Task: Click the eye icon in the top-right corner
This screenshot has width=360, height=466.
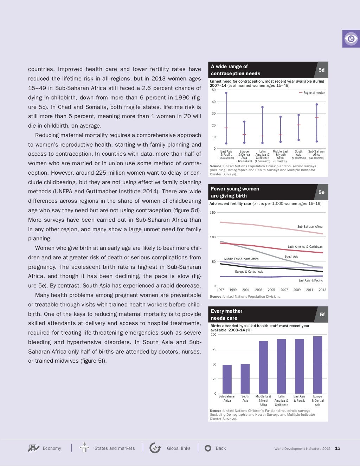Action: pos(351,39)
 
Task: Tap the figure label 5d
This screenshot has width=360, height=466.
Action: pos(321,70)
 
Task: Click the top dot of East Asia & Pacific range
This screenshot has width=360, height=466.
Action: pos(226,93)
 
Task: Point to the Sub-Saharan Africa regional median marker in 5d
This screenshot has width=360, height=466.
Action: pos(317,118)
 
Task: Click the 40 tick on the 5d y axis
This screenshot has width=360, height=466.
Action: pos(214,102)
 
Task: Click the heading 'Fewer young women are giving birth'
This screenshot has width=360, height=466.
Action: pos(235,192)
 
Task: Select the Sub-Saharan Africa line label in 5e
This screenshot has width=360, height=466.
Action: pos(310,227)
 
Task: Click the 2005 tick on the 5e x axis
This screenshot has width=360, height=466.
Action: pos(271,290)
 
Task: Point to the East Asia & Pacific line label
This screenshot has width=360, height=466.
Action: pos(310,280)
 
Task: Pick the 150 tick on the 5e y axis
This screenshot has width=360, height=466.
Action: pos(212,213)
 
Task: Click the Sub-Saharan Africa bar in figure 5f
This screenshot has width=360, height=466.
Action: pos(227,379)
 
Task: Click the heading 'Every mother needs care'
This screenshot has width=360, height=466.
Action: pos(226,315)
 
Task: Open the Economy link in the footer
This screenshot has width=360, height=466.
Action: pos(52,448)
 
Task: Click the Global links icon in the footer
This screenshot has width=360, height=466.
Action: pos(155,448)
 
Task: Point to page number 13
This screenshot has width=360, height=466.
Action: pos(337,448)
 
